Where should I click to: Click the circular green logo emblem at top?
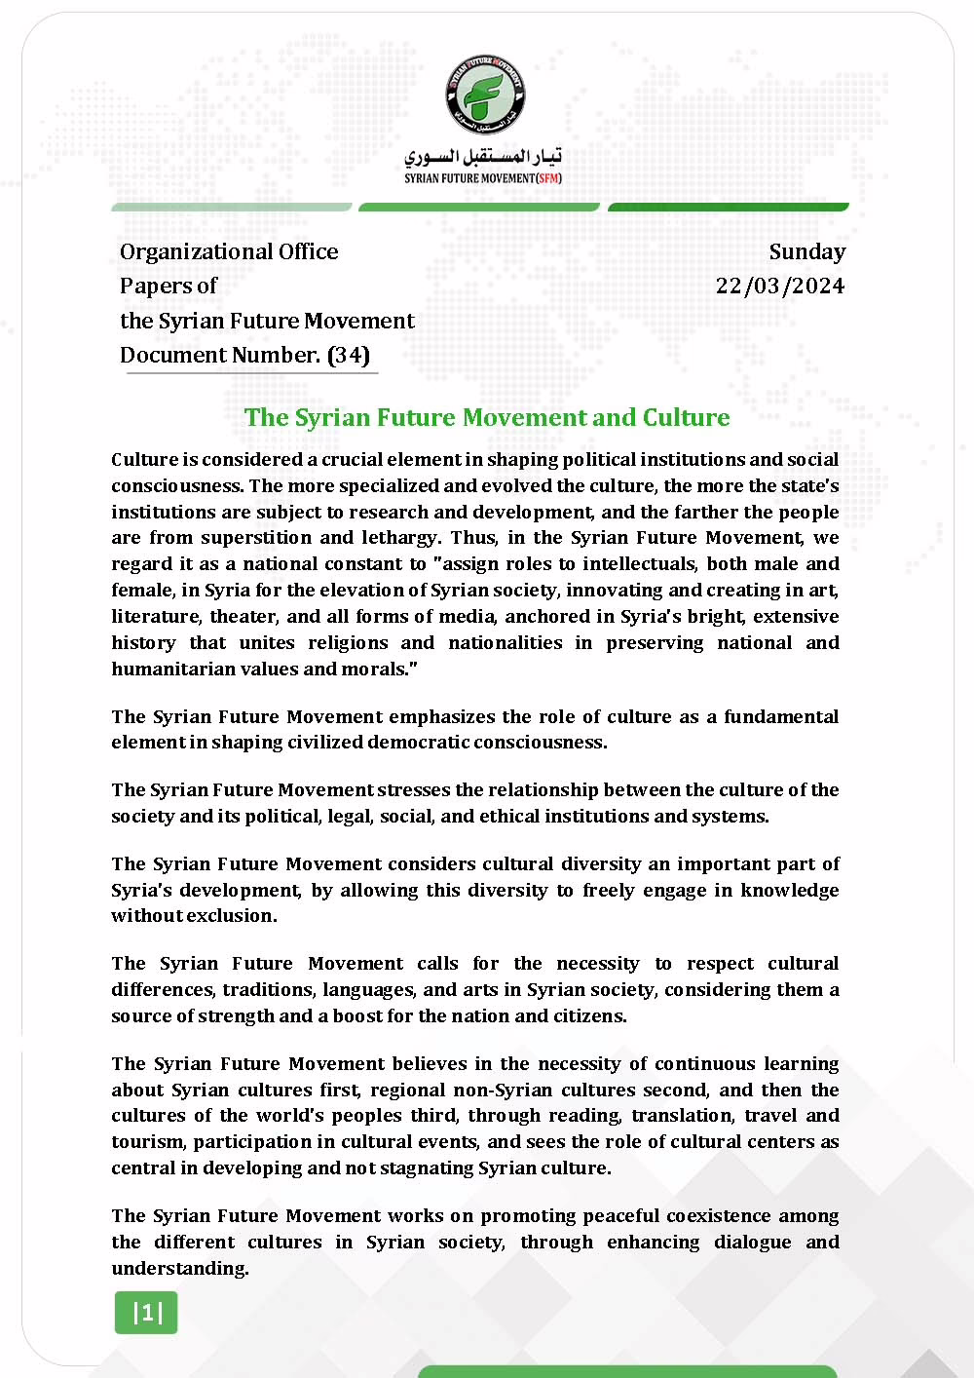[x=484, y=95]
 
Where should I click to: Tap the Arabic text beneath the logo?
[x=483, y=156]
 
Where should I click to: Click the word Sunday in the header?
[x=806, y=251]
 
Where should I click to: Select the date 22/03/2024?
[x=779, y=286]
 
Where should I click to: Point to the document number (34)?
[x=349, y=355]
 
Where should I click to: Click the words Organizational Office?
[x=229, y=251]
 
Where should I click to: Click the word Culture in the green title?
[x=686, y=417]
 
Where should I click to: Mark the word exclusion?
[x=233, y=916]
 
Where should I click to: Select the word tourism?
[x=147, y=1142]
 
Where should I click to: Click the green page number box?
[x=146, y=1313]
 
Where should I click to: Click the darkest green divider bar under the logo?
[x=728, y=207]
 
